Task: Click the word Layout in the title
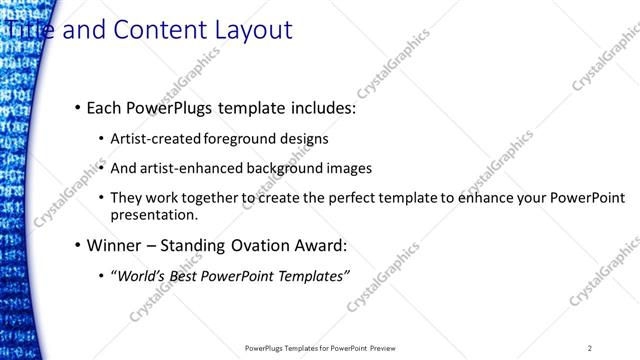click(x=251, y=30)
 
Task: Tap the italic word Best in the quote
click(x=183, y=276)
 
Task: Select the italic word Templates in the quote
click(x=312, y=276)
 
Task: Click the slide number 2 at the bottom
click(x=590, y=348)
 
